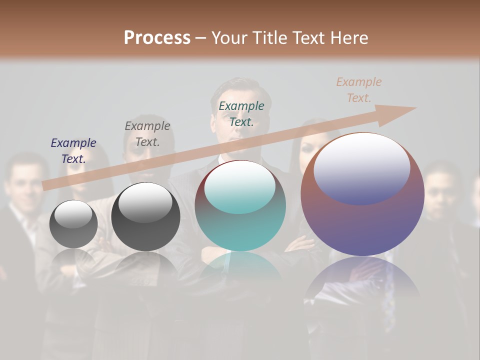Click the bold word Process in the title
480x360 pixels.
point(157,38)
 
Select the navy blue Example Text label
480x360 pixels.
point(73,151)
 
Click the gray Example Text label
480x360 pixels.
point(147,134)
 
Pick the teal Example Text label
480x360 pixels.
point(241,114)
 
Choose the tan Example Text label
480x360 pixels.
point(359,90)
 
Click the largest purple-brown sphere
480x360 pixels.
point(362,220)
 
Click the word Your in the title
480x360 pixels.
point(229,38)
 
